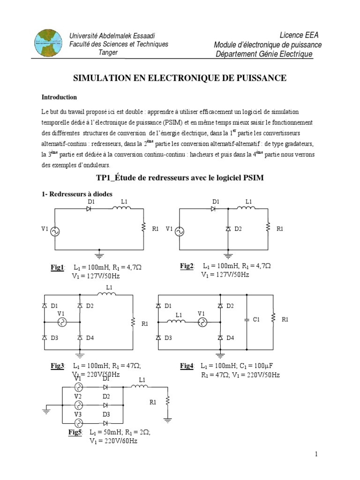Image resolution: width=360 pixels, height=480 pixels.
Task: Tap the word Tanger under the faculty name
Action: [108, 52]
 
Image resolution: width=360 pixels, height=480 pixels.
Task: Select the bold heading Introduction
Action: [59, 97]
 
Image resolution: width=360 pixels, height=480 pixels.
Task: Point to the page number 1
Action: [316, 454]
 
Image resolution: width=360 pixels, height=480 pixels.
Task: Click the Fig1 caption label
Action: [58, 267]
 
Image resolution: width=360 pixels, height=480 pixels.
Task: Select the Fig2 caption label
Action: [187, 266]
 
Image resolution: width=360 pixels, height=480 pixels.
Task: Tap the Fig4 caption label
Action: [187, 366]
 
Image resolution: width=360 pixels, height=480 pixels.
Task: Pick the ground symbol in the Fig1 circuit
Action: [99, 255]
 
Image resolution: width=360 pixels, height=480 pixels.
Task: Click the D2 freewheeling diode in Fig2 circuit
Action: [228, 229]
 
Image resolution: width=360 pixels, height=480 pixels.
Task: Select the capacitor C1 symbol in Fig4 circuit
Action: [247, 320]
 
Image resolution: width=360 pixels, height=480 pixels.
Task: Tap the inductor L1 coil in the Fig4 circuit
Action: [178, 322]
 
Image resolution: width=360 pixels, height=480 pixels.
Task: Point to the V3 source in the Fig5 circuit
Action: [78, 420]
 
